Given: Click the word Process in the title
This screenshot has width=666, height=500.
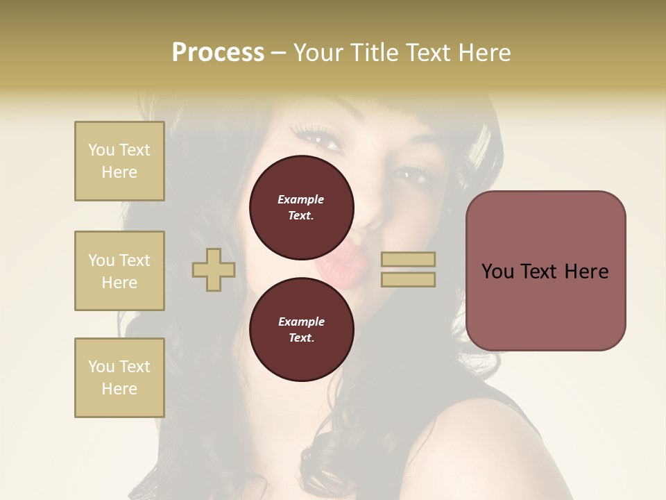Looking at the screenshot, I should pyautogui.click(x=218, y=53).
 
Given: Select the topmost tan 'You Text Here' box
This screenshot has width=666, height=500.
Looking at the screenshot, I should pyautogui.click(x=119, y=161).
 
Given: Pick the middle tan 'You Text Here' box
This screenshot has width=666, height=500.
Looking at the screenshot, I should pyautogui.click(x=119, y=271).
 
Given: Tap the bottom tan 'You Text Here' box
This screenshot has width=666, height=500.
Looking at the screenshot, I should pyautogui.click(x=119, y=378).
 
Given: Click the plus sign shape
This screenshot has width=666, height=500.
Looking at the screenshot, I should pyautogui.click(x=214, y=269).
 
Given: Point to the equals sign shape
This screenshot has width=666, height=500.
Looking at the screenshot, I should pyautogui.click(x=408, y=269).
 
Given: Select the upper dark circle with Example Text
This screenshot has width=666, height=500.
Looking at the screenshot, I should pyautogui.click(x=301, y=208).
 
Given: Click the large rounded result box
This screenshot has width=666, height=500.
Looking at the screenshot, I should pyautogui.click(x=545, y=271).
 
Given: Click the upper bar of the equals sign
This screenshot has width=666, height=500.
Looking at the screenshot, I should pyautogui.click(x=408, y=260).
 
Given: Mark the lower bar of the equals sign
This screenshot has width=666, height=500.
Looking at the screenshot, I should pyautogui.click(x=408, y=279).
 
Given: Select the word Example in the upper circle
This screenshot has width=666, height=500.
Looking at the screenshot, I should pyautogui.click(x=301, y=199).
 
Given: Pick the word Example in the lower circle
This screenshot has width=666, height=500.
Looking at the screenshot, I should pyautogui.click(x=301, y=322).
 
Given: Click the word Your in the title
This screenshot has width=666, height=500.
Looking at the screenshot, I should pyautogui.click(x=318, y=53).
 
